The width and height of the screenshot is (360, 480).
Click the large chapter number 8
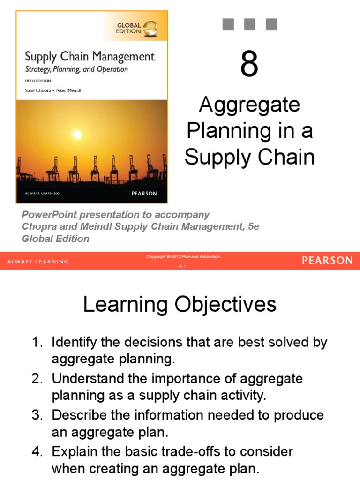coord(249,65)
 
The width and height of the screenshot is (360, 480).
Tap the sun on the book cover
coord(77,135)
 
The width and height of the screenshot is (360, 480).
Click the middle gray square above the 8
coord(249,24)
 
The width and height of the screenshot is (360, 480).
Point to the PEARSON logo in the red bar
coord(327,261)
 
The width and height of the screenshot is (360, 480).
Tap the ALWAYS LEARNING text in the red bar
coord(38,262)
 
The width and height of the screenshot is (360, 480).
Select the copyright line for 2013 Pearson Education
coord(184,257)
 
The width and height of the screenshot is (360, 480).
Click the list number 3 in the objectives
coord(37,415)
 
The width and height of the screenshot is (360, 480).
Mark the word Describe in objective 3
coord(77,415)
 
